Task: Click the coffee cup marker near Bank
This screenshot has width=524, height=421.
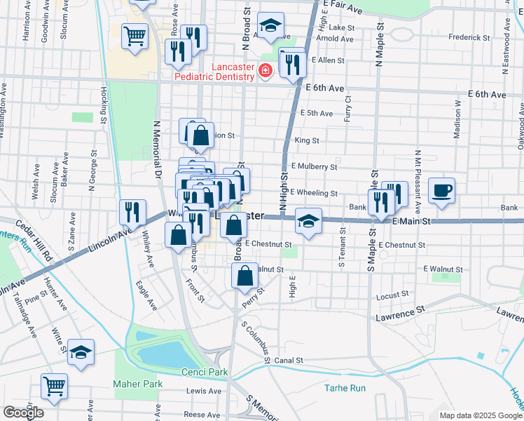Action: click(x=441, y=191)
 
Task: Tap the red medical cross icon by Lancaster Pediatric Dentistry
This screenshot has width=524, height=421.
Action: click(x=266, y=70)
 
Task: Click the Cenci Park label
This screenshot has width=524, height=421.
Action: click(x=195, y=371)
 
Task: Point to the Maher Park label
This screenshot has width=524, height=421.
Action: click(x=138, y=384)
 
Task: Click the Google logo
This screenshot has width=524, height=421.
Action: click(x=23, y=413)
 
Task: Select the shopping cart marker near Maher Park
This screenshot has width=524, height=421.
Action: click(x=53, y=385)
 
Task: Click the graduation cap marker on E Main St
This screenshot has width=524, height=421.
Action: click(x=308, y=222)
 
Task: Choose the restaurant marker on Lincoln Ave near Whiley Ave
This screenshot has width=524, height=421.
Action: click(x=132, y=211)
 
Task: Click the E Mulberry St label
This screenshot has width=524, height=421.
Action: click(x=315, y=167)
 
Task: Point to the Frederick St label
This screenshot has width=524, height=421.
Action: click(x=469, y=37)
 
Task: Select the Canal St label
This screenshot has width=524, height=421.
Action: click(x=288, y=361)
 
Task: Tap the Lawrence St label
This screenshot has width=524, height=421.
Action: click(x=401, y=310)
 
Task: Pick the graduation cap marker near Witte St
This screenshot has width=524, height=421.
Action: click(x=81, y=353)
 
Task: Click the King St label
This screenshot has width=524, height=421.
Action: click(x=307, y=140)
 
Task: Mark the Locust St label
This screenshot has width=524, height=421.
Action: click(x=392, y=295)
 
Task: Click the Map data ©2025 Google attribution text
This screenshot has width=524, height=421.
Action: click(x=481, y=415)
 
